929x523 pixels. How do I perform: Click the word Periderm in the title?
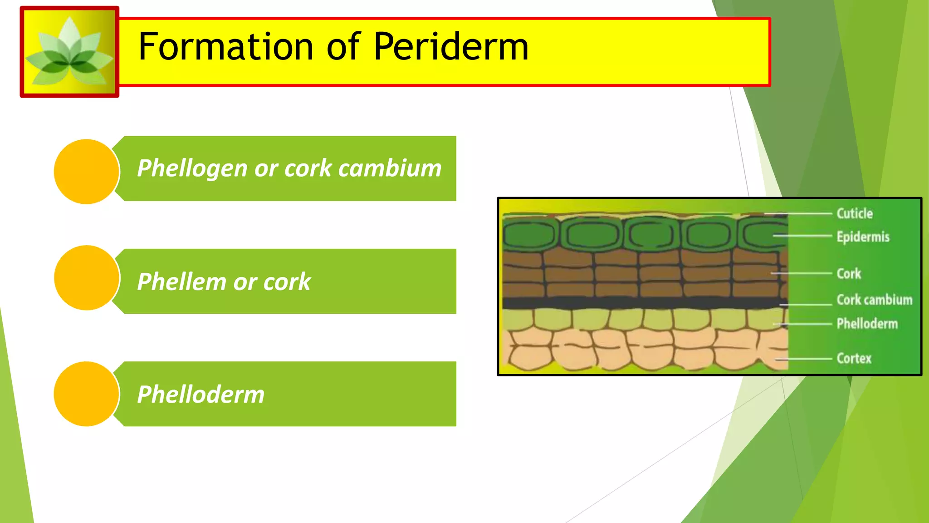pos(451,47)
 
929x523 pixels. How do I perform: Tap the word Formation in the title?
pos(225,47)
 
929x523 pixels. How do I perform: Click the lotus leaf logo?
pos(69,52)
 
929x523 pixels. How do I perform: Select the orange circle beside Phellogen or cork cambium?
pos(86,172)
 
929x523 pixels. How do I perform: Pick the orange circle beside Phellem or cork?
pos(86,278)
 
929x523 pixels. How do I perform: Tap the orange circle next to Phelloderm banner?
pos(86,394)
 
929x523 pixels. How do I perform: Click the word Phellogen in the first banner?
pos(192,169)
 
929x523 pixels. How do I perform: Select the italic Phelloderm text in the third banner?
pos(200,394)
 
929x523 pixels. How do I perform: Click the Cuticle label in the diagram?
pos(854,213)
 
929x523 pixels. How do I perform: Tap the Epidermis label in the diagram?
pos(863,237)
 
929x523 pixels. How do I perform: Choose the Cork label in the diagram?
pos(848,273)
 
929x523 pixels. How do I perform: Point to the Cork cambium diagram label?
pos(874,300)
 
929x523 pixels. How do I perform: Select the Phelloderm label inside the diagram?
pos(867,324)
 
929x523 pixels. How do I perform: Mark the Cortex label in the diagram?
pos(854,358)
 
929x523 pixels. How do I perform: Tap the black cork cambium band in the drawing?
pos(635,303)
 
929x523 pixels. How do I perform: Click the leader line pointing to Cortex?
pos(805,359)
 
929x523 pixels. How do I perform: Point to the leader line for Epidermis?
pos(803,236)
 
